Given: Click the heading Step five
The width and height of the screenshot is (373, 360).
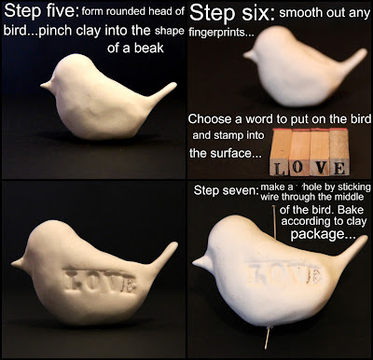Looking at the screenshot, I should point(38,12).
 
